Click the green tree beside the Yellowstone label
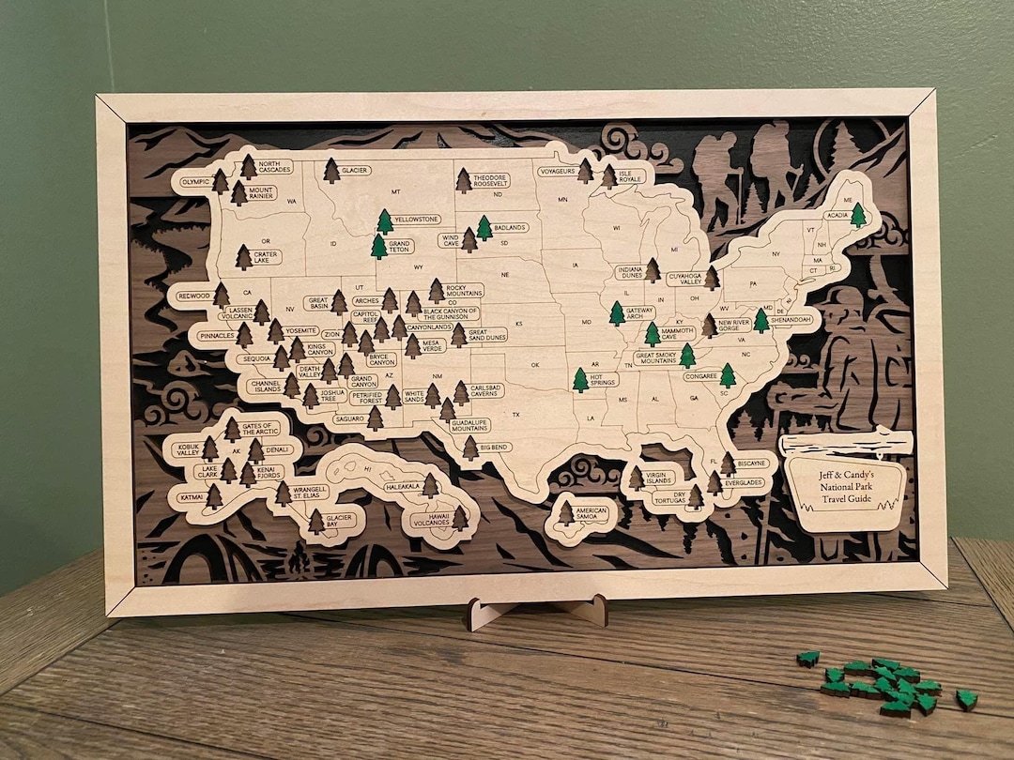click(385, 222)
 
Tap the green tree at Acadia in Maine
click(858, 216)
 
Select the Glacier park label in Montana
click(355, 171)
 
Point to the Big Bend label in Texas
click(496, 448)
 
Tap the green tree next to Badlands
click(484, 228)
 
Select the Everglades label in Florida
click(744, 483)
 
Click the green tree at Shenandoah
click(761, 321)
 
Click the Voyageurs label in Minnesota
click(556, 172)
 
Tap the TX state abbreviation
click(515, 414)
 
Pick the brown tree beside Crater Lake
click(243, 257)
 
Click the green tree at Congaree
click(728, 376)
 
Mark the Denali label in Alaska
click(278, 450)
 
